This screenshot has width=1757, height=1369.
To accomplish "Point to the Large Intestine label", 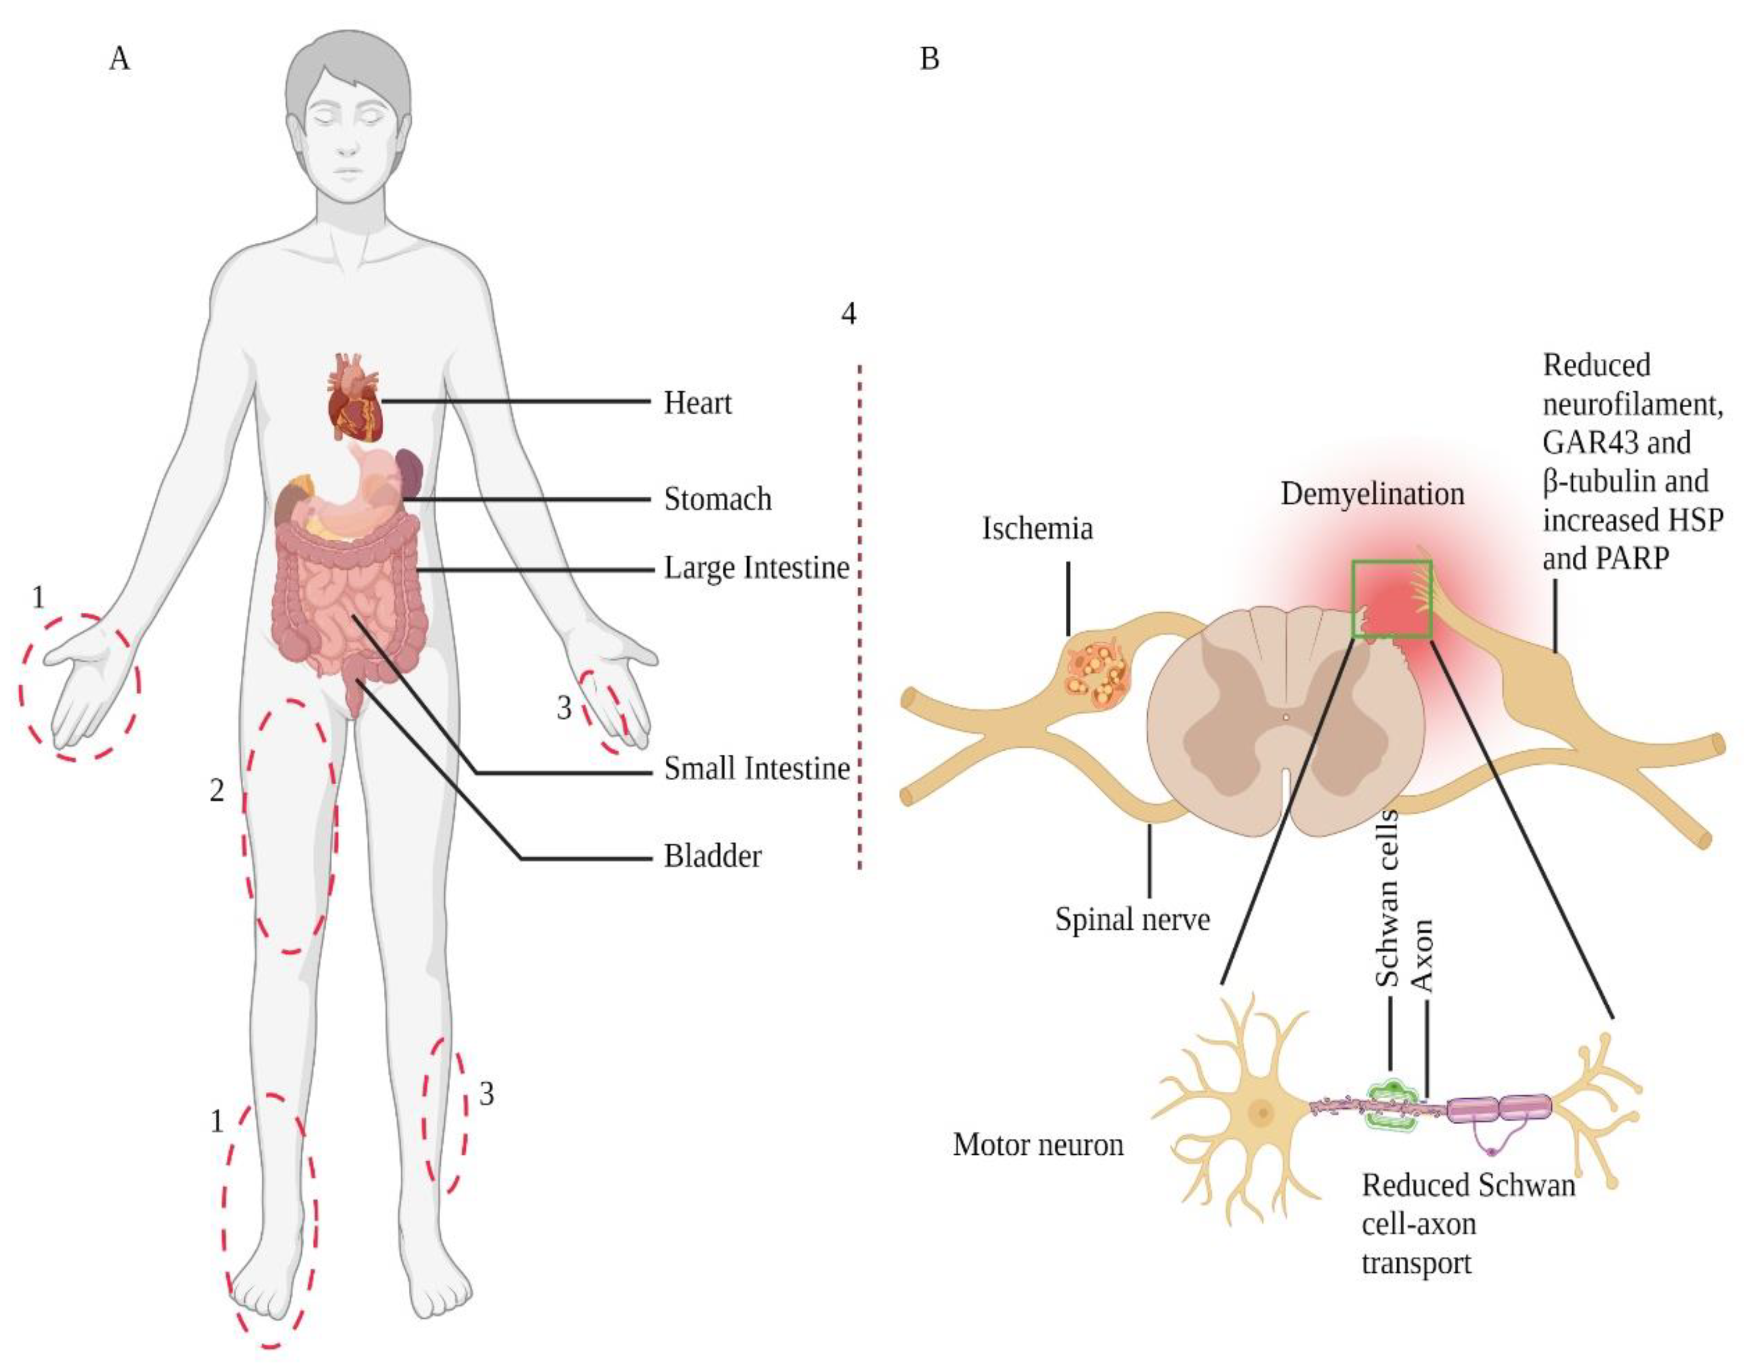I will click(x=756, y=568).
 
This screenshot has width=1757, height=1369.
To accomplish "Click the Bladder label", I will click(x=712, y=857).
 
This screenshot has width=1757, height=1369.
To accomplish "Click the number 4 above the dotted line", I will click(x=848, y=313).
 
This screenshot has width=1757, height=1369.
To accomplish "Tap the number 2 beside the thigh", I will click(x=216, y=791).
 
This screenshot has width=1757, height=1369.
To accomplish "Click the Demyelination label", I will click(x=1372, y=494).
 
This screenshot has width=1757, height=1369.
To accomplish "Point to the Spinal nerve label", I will click(x=1132, y=919).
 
